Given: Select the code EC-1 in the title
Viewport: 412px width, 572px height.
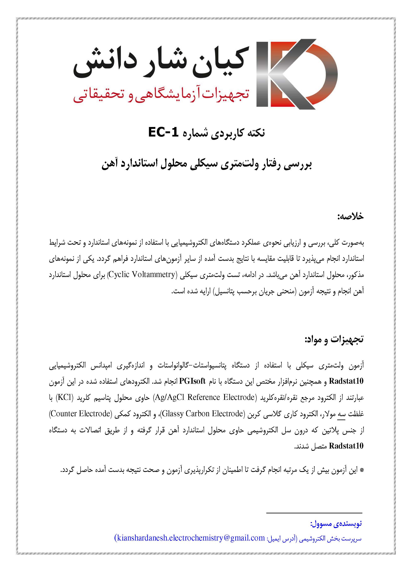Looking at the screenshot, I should (x=163, y=132).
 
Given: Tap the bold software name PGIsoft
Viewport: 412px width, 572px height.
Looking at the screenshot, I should (x=192, y=381).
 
